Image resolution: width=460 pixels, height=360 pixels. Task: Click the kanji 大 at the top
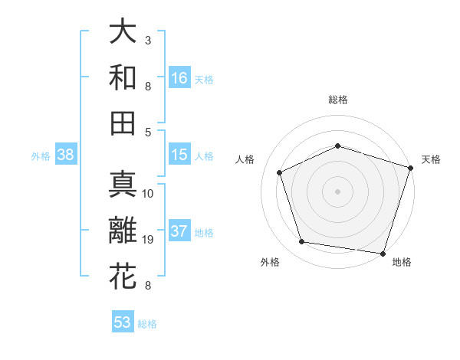tap(123, 32)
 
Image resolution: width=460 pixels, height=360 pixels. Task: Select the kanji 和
tap(123, 77)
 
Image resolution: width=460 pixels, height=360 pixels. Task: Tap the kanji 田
tap(123, 123)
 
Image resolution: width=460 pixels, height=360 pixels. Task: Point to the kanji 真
tap(123, 186)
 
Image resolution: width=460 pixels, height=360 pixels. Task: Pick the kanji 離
tap(123, 231)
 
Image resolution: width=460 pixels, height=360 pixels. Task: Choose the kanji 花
tap(123, 277)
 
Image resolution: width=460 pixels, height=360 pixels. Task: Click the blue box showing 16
tap(179, 77)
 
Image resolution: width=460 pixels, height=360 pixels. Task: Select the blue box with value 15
tap(179, 155)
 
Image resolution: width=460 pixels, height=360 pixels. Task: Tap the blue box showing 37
tap(179, 231)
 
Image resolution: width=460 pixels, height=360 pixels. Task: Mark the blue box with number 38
tap(65, 155)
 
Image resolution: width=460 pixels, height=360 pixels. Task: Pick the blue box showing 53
tap(123, 322)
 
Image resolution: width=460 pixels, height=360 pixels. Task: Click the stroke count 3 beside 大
tap(148, 40)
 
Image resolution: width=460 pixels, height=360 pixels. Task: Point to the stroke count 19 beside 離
tap(150, 240)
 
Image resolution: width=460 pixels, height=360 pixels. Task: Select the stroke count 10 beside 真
tap(149, 194)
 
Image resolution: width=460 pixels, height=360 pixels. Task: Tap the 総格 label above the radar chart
tap(338, 100)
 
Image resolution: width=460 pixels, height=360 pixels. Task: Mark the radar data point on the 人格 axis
tap(280, 172)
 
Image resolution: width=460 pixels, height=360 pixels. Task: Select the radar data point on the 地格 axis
tap(383, 253)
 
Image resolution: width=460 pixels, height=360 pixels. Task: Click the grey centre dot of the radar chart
tap(338, 191)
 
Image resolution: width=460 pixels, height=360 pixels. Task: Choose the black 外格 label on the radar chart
tap(270, 262)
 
